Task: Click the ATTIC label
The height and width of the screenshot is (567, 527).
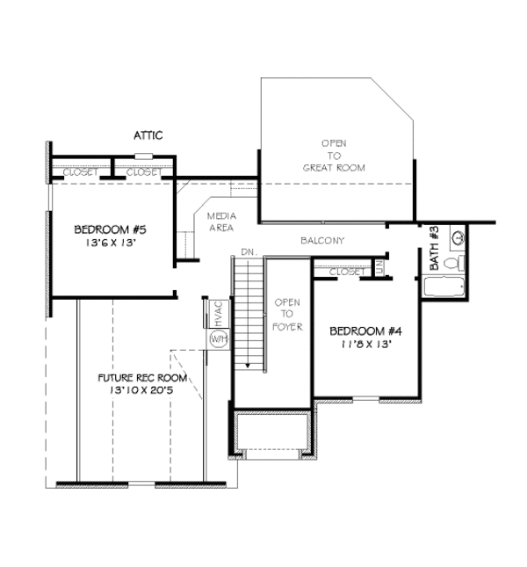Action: point(148,135)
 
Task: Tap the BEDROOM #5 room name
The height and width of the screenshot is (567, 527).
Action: point(110,229)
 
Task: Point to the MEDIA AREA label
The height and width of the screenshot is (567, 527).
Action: point(220,222)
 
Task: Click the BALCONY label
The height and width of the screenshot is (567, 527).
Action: point(321,240)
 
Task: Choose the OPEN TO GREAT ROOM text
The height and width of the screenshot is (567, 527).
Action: point(334,155)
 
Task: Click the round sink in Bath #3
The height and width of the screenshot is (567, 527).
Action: point(458,237)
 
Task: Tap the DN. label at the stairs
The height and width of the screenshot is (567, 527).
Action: point(248,252)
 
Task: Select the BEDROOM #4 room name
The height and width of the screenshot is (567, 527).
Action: point(365,331)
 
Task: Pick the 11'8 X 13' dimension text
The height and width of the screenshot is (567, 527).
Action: point(365,345)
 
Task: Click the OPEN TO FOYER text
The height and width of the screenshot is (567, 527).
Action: point(287,315)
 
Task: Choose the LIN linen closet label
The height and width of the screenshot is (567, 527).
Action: point(379,266)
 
